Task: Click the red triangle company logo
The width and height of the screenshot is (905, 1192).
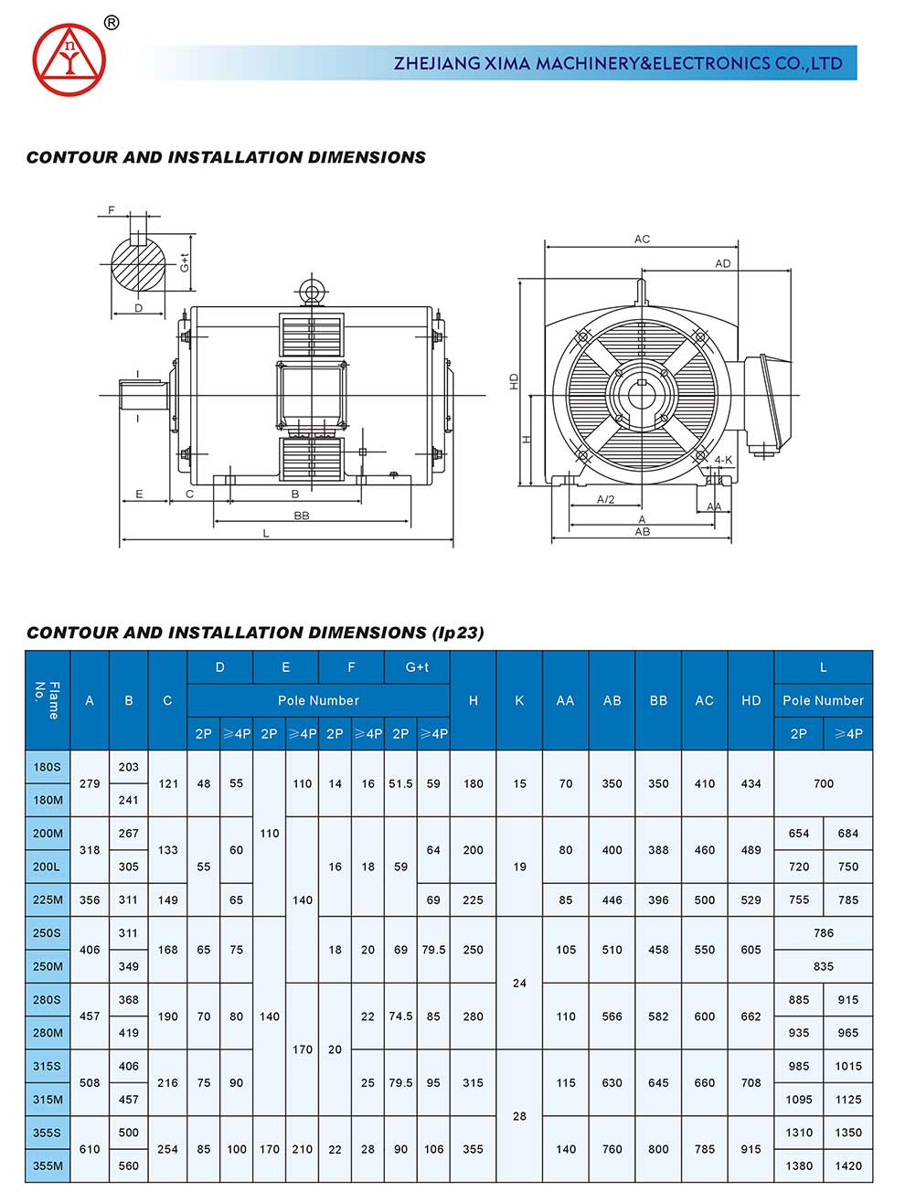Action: [x=69, y=59]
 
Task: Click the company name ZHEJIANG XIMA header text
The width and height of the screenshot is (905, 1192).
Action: [x=618, y=63]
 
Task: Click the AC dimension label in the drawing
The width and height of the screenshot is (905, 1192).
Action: [x=642, y=239]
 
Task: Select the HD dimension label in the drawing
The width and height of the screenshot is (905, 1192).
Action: [x=515, y=381]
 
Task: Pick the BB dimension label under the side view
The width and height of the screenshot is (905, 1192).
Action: [x=302, y=516]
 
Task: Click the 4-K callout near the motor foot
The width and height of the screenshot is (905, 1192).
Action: [x=722, y=460]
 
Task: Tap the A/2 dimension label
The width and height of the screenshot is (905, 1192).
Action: [x=605, y=500]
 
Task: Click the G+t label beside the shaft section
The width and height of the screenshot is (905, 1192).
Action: [x=185, y=263]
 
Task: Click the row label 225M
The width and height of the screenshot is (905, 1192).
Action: [x=48, y=899]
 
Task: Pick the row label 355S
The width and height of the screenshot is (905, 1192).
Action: [x=48, y=1133]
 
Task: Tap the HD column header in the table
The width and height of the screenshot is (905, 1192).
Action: [x=751, y=700]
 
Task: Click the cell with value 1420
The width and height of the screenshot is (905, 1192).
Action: [x=847, y=1165]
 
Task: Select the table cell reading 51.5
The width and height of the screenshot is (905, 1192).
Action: [x=400, y=783]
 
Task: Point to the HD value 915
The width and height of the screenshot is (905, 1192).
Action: [x=751, y=1149]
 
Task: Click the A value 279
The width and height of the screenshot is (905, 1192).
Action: [x=90, y=783]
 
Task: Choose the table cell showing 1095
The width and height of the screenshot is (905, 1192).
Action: [x=798, y=1100]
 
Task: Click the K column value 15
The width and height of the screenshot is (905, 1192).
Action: [x=519, y=783]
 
